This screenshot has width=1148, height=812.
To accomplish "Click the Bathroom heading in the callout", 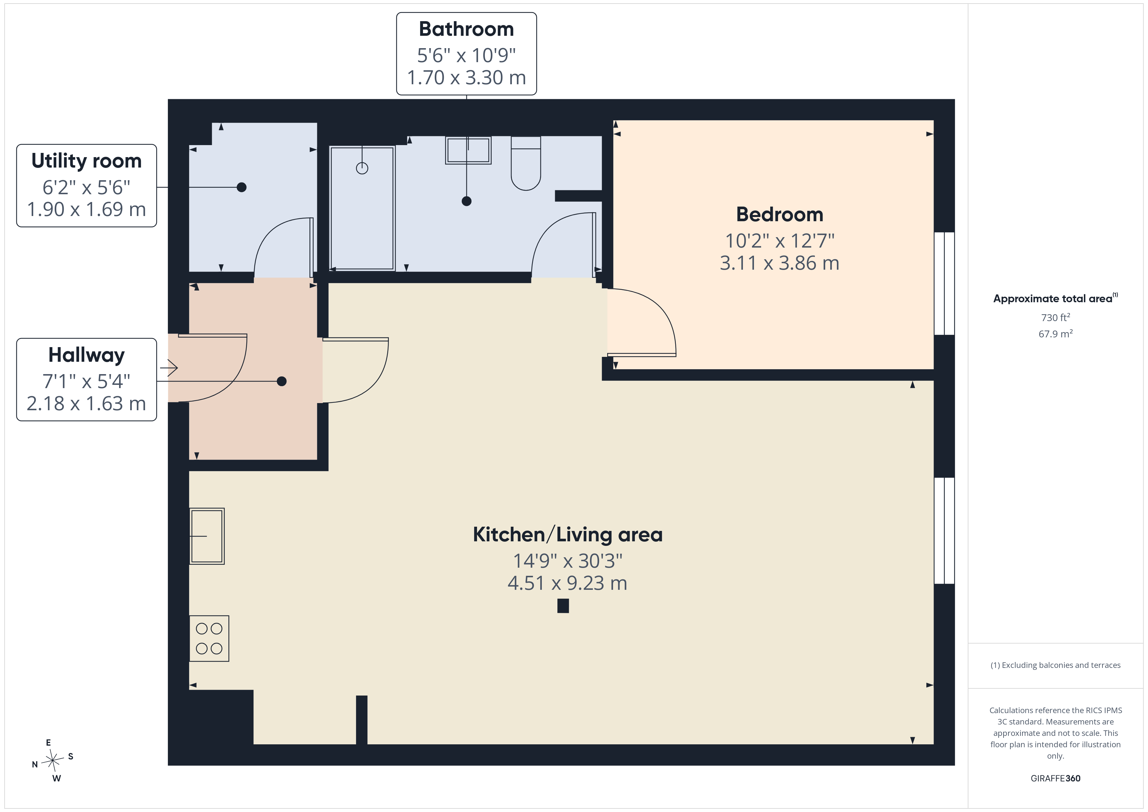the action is (466, 29).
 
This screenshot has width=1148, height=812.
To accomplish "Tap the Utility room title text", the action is (87, 161).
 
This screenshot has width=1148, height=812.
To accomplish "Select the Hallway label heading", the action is (87, 355).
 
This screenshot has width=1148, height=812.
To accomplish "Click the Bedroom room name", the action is (780, 214).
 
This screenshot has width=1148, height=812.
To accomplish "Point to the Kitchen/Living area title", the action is (567, 535).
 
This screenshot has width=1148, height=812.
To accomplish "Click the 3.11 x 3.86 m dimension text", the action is (780, 263).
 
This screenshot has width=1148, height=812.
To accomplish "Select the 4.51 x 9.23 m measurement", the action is (567, 583).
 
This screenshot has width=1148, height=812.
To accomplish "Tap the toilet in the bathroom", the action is (526, 163).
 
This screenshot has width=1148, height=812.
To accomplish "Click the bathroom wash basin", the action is (468, 150).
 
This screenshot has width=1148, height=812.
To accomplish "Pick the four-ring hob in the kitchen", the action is (209, 639).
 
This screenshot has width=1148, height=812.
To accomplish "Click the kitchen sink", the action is (207, 536).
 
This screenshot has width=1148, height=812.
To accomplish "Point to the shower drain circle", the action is (362, 169).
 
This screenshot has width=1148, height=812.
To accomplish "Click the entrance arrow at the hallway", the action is (169, 368).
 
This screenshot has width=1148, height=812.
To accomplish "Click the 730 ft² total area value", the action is (1056, 318).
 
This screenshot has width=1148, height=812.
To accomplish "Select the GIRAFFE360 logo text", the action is (1056, 778).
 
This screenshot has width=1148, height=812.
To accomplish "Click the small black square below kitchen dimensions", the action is (563, 606).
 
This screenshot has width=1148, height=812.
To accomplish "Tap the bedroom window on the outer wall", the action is (944, 283).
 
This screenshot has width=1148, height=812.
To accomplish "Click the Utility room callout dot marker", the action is (241, 187).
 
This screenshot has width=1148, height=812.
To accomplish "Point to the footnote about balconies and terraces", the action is (1056, 665).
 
